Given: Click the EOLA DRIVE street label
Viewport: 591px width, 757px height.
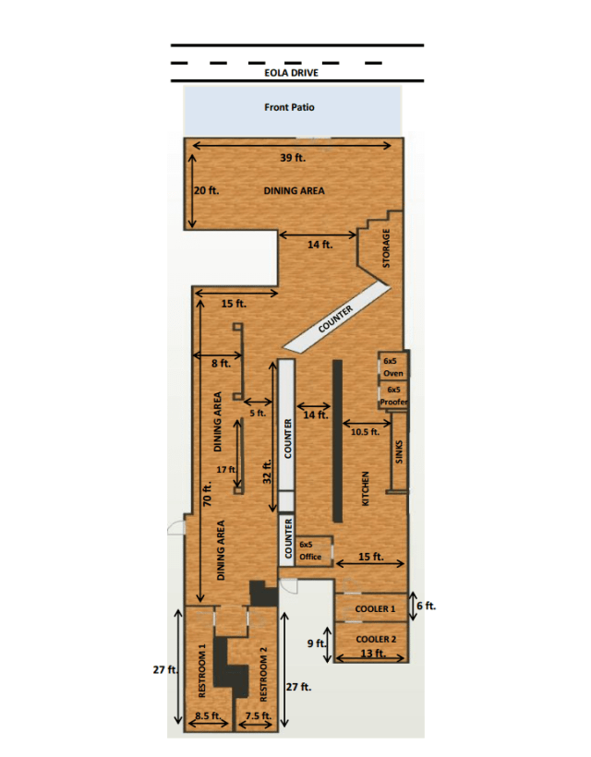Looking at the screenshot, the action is pos(291,73).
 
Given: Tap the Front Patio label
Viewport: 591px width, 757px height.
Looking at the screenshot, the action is pos(289,107).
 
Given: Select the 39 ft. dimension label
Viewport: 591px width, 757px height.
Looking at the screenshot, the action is pos(293,157).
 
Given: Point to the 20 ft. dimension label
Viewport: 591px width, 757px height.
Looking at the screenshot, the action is pos(206,190).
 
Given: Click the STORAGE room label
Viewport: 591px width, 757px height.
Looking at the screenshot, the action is pos(386,248).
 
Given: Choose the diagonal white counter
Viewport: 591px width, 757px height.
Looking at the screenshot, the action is pos(336,317).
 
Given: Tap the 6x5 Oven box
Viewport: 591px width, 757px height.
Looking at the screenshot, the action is pos(393,366).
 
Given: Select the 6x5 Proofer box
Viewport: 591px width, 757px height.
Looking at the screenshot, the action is pos(393,395).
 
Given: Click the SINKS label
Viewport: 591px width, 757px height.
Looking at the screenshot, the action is pos(399,451).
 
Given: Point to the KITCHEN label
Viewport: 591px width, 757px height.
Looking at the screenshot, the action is pos(366,488).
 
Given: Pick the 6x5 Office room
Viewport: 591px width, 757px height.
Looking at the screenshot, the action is pos(313,551).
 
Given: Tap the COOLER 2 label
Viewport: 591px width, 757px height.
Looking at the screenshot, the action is pos(376,639).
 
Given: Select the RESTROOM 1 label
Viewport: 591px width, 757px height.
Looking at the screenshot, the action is pos(202,670).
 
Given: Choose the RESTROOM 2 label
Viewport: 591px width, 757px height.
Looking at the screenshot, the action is pos(263,675).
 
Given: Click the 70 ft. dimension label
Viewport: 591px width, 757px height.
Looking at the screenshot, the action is pos(208,494).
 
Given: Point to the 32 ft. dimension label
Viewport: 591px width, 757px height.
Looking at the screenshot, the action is pos(267,471).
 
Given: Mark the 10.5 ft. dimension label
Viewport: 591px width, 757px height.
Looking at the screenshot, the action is pos(365,432).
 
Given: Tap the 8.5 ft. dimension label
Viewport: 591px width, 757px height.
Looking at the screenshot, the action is pos(208,715).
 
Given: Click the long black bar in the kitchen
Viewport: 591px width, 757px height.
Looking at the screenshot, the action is pos(337,440).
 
